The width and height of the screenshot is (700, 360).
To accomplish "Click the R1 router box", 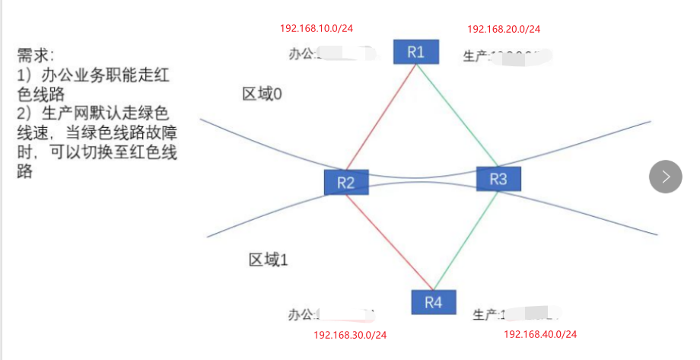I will tap(415, 52).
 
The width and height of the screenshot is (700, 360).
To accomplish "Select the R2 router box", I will tap(346, 183).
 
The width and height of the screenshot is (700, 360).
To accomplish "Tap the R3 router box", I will tap(498, 179).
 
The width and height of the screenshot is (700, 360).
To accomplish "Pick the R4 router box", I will tap(433, 302).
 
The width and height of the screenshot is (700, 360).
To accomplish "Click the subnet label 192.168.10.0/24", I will tap(317, 28).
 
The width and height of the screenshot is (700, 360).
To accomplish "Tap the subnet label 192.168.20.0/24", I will tap(504, 29).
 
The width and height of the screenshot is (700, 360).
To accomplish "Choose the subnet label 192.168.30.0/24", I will tap(350, 335).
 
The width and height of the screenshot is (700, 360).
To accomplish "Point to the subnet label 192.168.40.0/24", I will tap(540, 334).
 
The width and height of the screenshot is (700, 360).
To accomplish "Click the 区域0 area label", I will tap(262, 94).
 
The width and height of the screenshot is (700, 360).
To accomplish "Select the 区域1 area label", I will tap(268, 260).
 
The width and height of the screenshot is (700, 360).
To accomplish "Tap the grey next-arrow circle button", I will tap(666, 177).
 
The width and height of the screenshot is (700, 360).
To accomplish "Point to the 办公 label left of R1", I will tap(301, 54).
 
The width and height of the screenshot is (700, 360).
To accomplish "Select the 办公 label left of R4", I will tap(301, 314).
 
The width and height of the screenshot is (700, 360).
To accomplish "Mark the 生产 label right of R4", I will tap(485, 314).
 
